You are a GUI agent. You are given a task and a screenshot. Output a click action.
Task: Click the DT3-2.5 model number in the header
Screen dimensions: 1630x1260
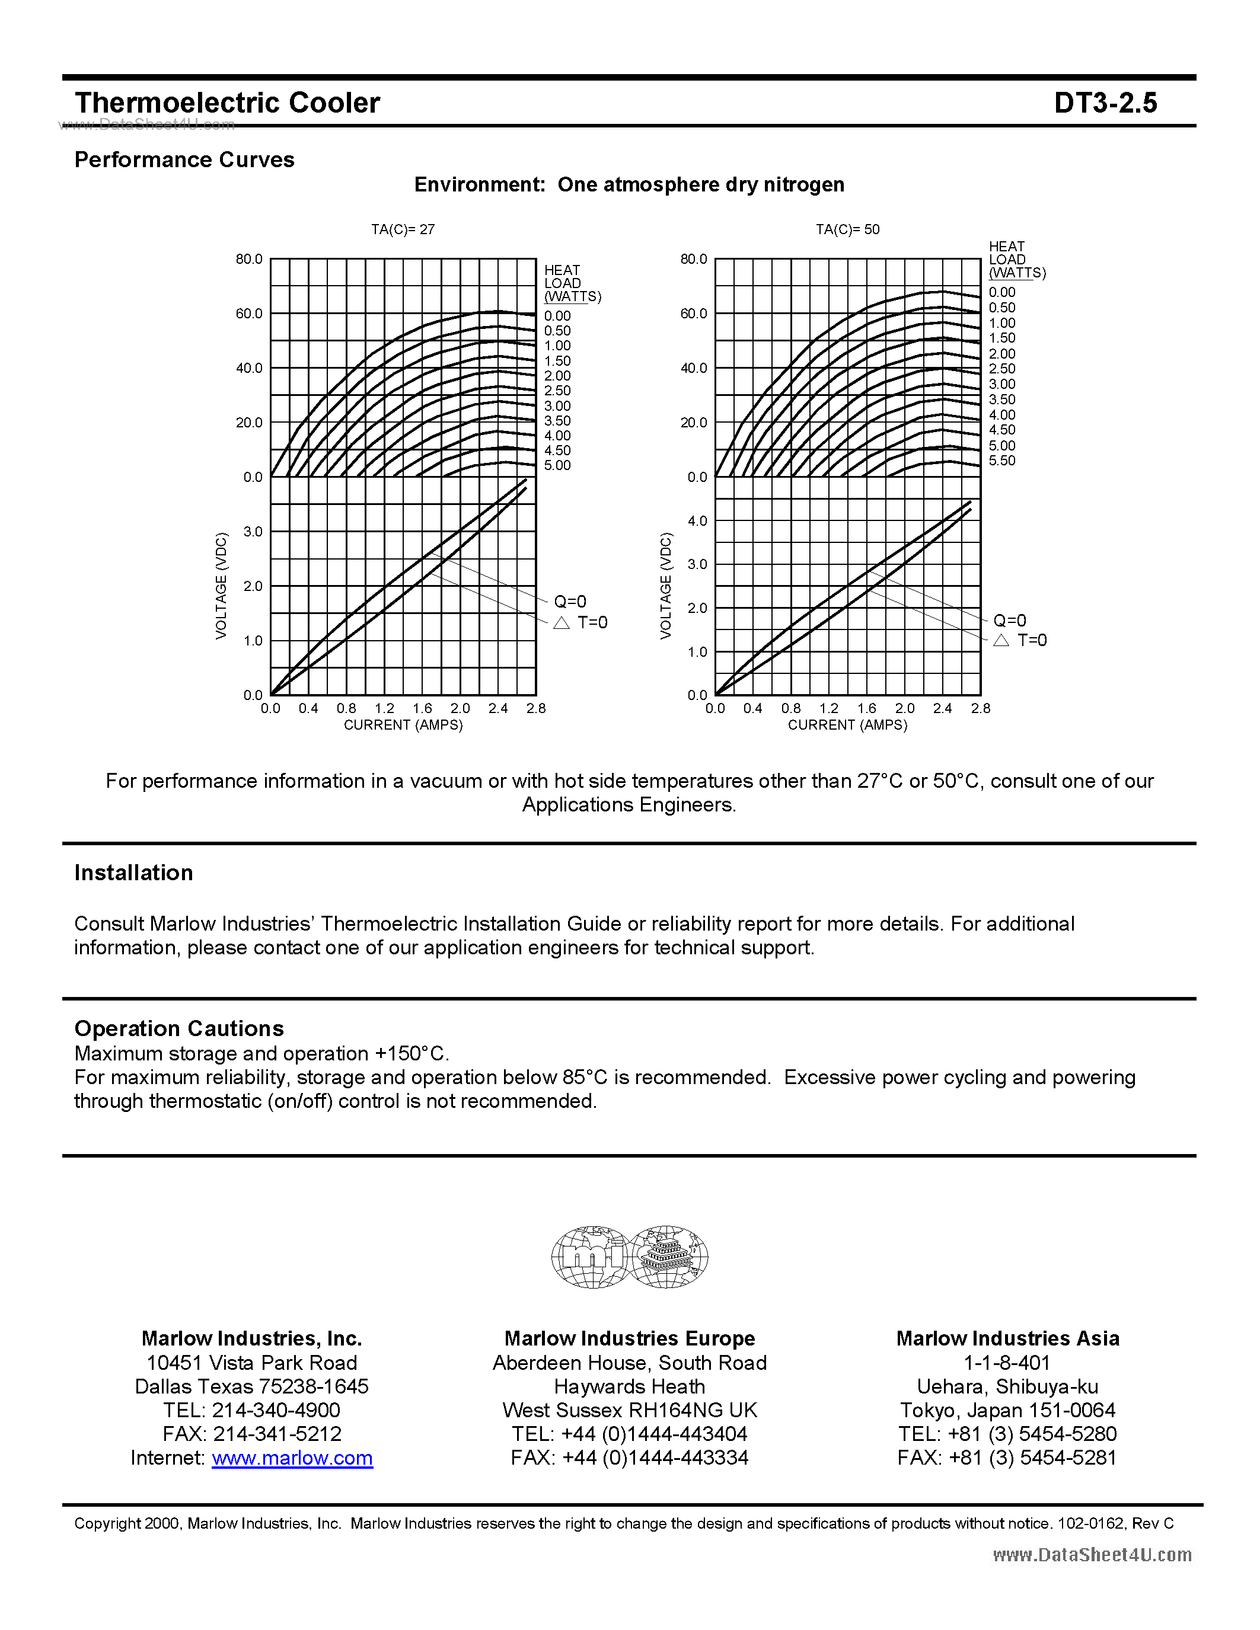pos(1105,103)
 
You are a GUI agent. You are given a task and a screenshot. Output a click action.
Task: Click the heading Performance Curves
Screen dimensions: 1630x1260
pos(184,159)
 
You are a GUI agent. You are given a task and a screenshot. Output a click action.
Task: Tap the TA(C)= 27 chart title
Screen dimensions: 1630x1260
pos(403,229)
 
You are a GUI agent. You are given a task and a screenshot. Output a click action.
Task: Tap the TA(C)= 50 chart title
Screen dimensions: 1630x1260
pos(847,229)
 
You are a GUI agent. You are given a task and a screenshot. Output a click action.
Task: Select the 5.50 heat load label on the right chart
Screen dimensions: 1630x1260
pos(1001,461)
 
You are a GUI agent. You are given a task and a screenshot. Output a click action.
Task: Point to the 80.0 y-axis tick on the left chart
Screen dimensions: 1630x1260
pos(248,259)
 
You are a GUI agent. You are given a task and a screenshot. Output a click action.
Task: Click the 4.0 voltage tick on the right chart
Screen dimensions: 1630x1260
pos(697,520)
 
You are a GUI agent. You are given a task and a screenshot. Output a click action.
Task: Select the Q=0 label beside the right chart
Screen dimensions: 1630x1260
pos(1009,620)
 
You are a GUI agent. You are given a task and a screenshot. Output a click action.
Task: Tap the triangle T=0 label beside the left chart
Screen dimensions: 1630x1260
pos(580,622)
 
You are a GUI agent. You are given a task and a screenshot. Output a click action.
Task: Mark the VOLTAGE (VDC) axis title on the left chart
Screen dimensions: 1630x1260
pos(221,585)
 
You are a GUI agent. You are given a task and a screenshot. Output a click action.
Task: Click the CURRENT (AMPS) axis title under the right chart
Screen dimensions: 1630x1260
pos(847,725)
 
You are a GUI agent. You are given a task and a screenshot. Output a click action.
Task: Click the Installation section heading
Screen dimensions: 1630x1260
pos(133,872)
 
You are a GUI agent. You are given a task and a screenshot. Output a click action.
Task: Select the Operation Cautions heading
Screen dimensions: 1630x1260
pos(179,1028)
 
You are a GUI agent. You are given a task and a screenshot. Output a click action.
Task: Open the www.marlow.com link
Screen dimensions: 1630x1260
pos(292,1458)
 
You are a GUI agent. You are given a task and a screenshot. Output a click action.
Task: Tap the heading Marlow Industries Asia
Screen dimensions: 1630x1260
pos(1007,1338)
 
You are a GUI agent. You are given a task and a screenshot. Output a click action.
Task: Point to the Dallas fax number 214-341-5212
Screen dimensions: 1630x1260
pos(277,1434)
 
